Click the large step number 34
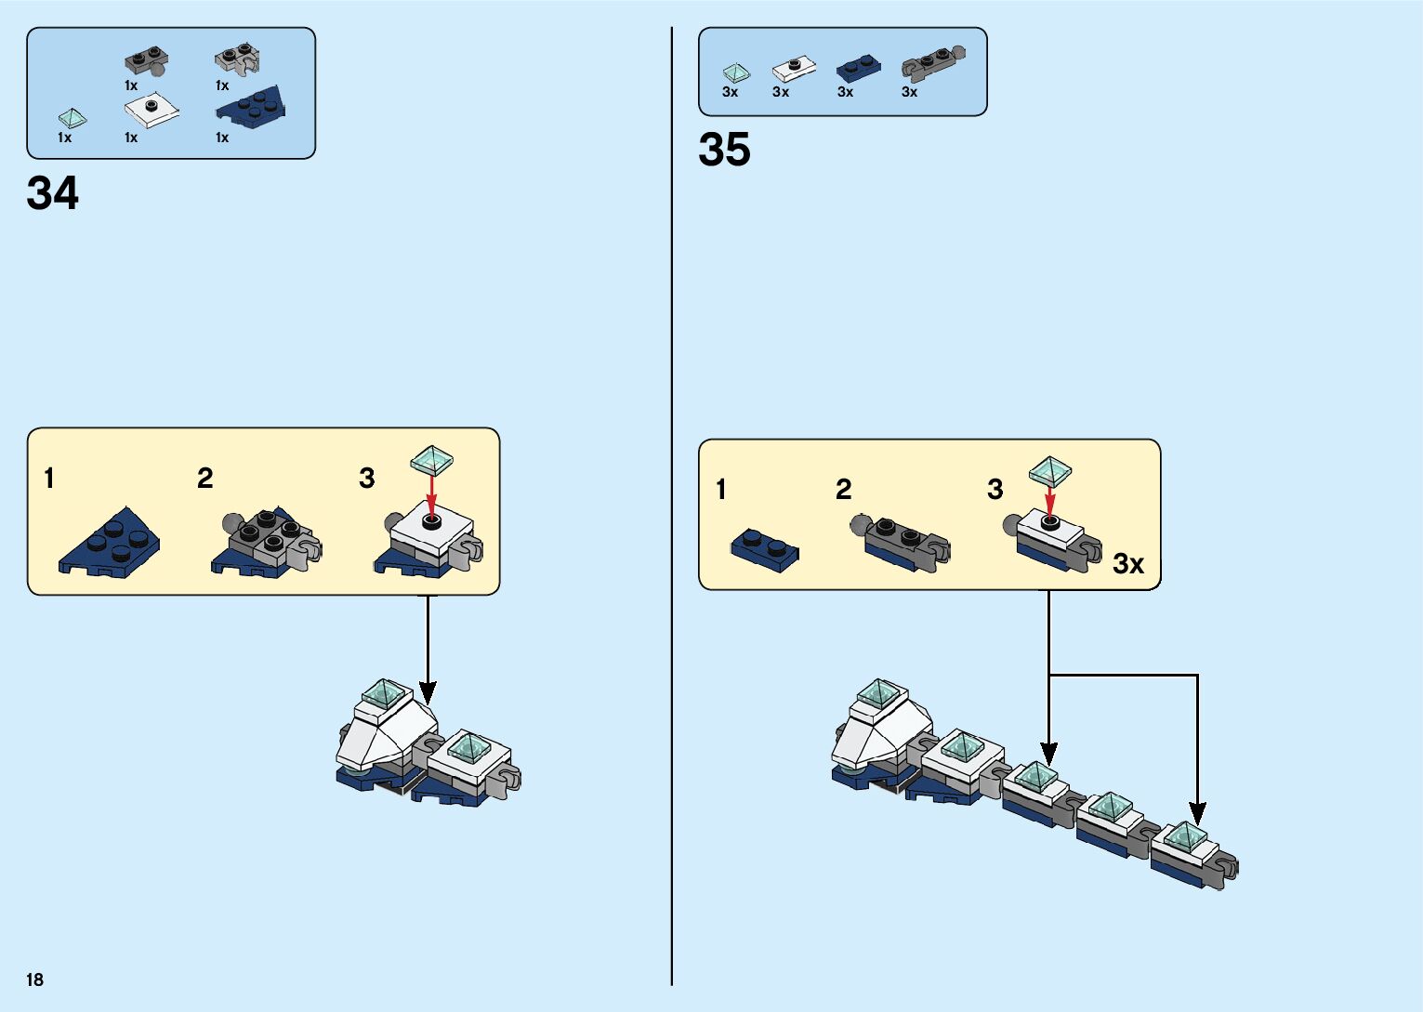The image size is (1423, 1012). coord(53,193)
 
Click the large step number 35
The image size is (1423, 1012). coord(724,150)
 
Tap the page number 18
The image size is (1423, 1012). coord(34,979)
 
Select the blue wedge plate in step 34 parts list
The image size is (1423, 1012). coord(251,105)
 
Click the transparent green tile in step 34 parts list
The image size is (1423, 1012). coord(72,118)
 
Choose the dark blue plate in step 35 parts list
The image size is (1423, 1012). coord(858,68)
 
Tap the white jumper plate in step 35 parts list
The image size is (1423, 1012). coord(794,68)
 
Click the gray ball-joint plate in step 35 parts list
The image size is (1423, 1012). coord(932,63)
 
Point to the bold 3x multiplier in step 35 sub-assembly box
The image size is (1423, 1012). coord(1128,563)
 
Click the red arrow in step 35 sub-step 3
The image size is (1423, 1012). coord(1050,501)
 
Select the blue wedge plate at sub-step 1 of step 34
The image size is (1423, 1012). coord(110,543)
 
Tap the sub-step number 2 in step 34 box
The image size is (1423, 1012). coord(205,479)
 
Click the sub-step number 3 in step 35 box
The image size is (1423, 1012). coord(995,490)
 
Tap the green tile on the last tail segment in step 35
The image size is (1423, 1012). coord(1185,835)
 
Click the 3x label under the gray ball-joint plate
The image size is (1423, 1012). coord(909,92)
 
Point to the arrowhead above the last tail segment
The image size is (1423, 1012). coord(1197,814)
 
